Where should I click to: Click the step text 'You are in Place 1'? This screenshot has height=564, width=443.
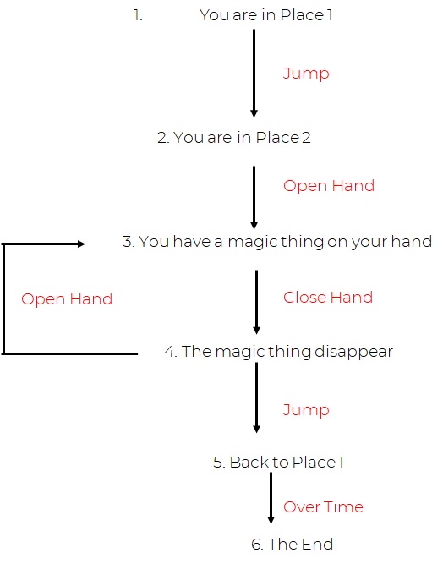coord(265,15)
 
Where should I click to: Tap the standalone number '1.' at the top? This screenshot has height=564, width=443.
coord(138,15)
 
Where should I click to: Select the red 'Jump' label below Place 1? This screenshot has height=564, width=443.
coord(306,74)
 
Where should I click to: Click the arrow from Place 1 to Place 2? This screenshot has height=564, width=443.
coord(254,74)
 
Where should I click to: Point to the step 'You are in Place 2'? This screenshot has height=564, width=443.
coord(234,137)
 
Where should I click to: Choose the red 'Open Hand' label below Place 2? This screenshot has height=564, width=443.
coord(329,186)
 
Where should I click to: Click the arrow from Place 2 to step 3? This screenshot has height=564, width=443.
coord(254,198)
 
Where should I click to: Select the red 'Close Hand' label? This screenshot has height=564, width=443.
coord(327,298)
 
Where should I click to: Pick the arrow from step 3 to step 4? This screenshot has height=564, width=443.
coord(256,302)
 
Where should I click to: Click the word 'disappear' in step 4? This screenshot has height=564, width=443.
coord(354,352)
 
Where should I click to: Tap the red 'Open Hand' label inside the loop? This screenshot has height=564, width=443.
coord(67,299)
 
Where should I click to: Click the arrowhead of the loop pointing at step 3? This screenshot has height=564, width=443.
coord(82,244)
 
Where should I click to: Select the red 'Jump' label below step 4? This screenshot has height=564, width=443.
coord(306,410)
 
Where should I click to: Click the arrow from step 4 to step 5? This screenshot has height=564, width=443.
coord(256,397)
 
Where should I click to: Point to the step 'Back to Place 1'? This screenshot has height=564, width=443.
coord(278,463)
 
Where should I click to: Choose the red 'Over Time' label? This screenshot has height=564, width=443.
coord(323,507)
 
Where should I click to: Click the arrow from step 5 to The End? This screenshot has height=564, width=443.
coord(271,498)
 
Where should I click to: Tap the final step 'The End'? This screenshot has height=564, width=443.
coord(292,545)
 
